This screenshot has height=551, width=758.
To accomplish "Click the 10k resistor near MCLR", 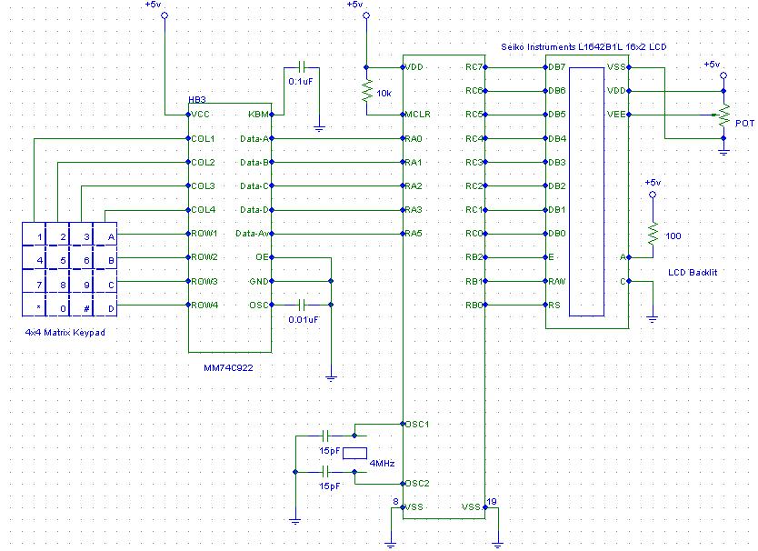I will coord(366,91).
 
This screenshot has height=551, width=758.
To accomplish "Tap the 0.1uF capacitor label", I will coord(302,82).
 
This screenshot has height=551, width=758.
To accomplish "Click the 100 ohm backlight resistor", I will coord(652,235).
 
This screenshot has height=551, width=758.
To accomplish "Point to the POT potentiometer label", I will coord(743,123).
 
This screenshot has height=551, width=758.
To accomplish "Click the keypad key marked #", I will coord(86,307).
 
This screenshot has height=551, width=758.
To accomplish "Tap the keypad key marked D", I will coord(111,307).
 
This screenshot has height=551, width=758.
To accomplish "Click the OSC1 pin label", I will coord(417,424).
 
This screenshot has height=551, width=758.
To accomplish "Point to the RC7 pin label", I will coord(473,67).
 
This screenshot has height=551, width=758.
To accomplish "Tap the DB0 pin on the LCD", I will coord(556,234).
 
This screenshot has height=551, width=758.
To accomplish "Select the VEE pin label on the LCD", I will coord(615,115).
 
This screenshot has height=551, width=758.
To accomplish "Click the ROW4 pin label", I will coord(204,305).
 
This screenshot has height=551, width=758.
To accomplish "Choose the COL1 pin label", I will coord(203,138).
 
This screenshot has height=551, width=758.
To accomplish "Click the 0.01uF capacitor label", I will coord(303,320).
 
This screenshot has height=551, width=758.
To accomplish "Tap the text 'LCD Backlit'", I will coord(693,272).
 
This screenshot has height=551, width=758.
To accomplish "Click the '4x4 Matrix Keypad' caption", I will coord(65,333).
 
